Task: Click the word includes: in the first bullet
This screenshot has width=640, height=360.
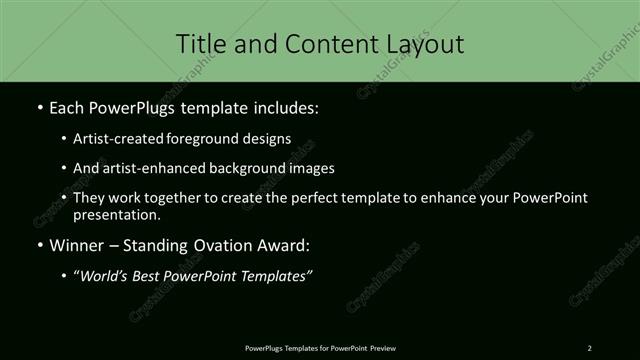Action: [284, 107]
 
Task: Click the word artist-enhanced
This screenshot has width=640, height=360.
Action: [145, 168]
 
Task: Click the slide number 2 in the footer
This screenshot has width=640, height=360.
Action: [590, 347]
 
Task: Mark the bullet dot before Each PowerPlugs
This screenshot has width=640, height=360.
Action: [39, 107]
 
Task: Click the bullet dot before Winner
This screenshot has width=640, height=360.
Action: [39, 245]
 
